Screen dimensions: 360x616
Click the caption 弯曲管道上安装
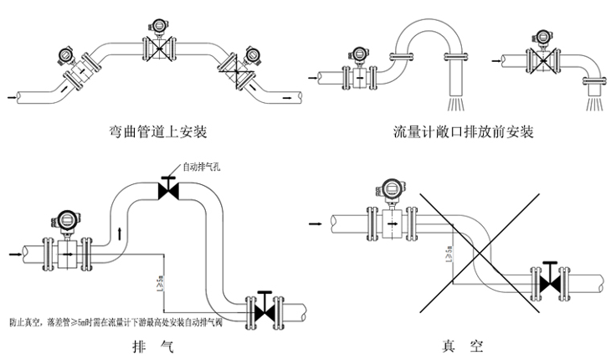(158, 131)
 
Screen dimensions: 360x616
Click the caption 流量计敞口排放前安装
(463, 131)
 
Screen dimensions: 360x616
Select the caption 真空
(462, 346)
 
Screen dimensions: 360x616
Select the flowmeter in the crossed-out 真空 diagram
(389, 214)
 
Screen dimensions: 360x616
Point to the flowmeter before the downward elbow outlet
(539, 56)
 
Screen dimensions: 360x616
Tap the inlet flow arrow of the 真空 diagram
(316, 224)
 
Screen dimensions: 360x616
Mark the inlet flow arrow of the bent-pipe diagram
(11, 96)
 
